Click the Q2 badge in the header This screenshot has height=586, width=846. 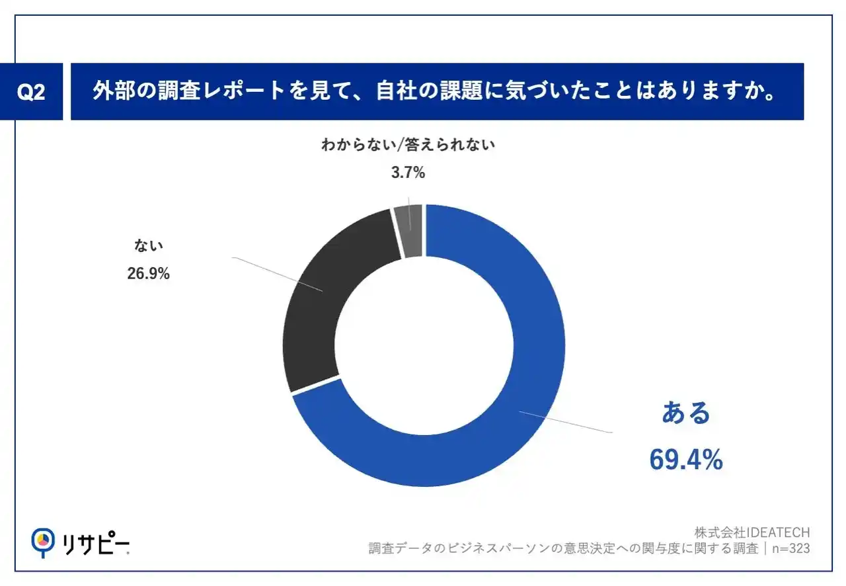(31, 92)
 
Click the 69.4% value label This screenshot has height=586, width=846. (685, 460)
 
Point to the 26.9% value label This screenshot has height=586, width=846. (148, 272)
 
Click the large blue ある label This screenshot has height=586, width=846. (686, 413)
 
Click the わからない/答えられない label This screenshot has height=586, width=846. (407, 146)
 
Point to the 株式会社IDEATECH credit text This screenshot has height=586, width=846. (752, 532)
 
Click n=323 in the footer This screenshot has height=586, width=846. (790, 549)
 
